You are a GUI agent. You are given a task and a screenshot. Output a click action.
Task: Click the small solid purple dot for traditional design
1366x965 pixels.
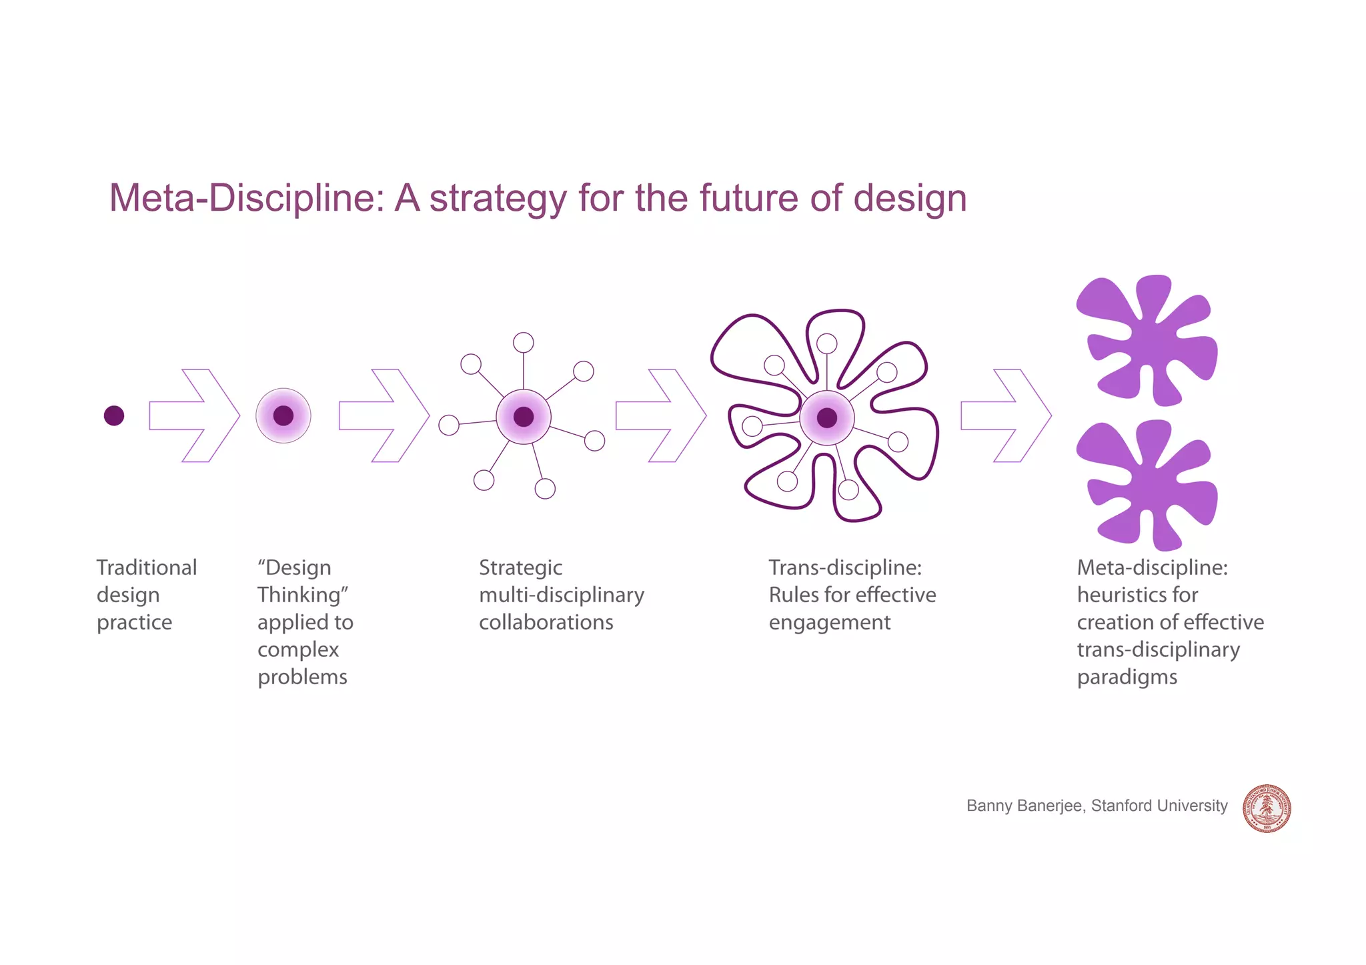coord(114,415)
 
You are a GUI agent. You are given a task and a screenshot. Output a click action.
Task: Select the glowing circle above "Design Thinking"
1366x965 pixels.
coord(283,415)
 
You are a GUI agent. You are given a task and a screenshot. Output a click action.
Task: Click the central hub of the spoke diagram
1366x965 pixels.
coord(524,417)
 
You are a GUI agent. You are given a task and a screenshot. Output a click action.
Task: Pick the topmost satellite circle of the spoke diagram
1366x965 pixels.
coord(524,343)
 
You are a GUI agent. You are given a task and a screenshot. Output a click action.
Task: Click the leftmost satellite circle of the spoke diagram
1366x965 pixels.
coord(449,425)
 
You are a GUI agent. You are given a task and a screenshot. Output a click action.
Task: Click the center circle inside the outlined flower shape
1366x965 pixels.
coord(827,418)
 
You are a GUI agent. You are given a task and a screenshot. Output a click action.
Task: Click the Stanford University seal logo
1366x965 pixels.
coord(1267,808)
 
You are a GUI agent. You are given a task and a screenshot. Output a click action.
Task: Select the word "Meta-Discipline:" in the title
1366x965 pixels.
coord(247,198)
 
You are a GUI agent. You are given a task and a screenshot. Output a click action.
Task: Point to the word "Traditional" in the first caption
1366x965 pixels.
coord(147,568)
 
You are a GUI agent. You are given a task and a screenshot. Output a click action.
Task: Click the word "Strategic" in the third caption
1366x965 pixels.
coord(520,568)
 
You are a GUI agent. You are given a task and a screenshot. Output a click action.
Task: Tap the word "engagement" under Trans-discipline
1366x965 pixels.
coord(829,622)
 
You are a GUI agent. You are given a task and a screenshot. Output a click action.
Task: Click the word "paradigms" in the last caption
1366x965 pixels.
coord(1127,677)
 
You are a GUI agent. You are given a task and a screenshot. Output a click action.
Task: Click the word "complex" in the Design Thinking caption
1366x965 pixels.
coord(298,650)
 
